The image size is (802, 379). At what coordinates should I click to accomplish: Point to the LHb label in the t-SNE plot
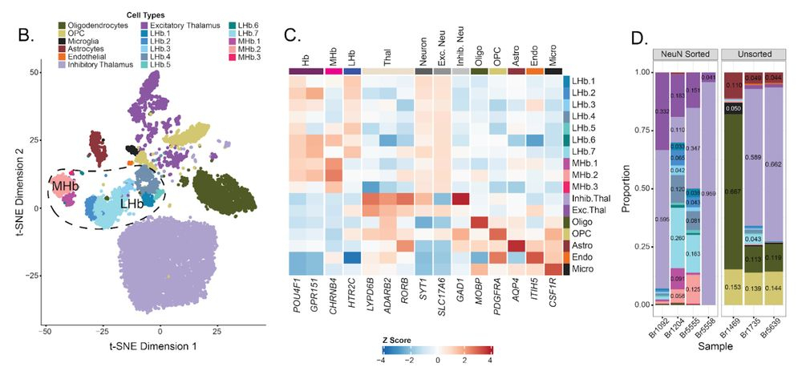point(128,206)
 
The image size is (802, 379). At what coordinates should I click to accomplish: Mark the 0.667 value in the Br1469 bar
point(733,192)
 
